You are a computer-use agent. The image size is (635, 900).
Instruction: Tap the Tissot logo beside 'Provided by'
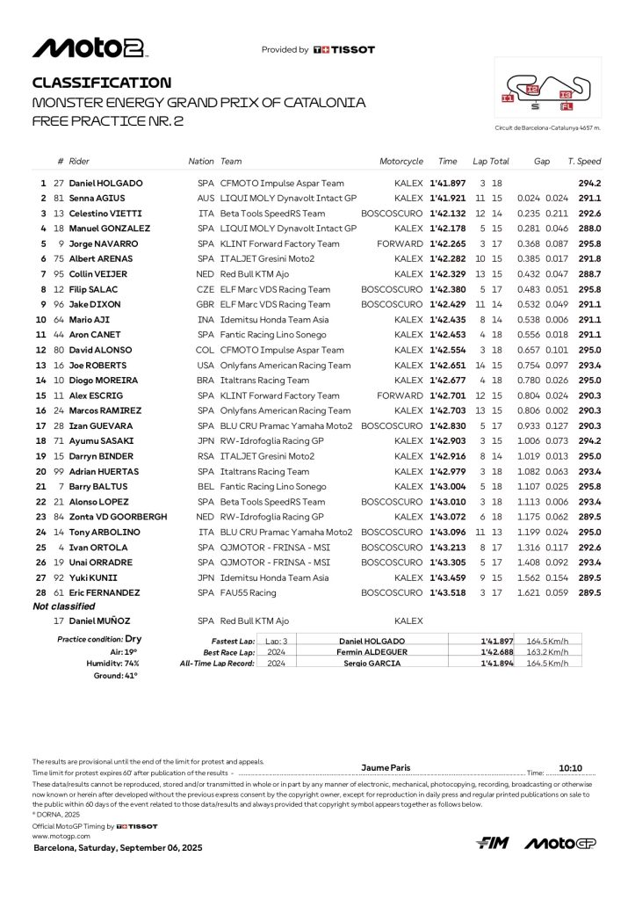(343, 50)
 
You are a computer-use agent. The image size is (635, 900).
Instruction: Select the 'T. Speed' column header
(584, 162)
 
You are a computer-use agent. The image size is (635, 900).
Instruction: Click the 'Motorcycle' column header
(401, 162)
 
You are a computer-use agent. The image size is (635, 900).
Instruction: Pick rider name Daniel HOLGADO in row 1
(105, 183)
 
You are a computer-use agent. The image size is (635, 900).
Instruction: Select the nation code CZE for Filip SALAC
(206, 289)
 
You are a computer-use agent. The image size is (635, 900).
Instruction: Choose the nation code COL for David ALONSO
(206, 350)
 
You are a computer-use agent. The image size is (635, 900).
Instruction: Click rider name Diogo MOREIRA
(103, 381)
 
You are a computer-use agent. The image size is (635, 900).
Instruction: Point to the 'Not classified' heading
(63, 606)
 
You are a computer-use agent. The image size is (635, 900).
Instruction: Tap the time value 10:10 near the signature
(570, 766)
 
